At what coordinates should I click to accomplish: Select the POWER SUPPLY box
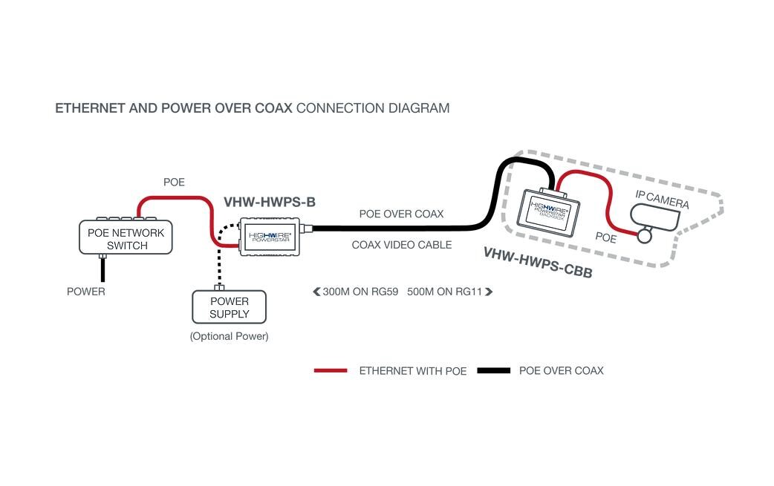[229, 307]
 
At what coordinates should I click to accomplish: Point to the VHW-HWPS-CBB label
[537, 262]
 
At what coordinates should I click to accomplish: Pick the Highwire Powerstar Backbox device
[550, 211]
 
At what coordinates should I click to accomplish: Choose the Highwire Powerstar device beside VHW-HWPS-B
[271, 237]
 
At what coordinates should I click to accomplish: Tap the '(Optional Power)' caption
[229, 336]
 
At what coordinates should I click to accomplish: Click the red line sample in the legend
[331, 370]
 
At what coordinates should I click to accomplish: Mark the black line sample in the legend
[494, 370]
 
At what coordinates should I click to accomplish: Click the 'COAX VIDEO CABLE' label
[401, 245]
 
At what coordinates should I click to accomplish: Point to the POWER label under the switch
[86, 292]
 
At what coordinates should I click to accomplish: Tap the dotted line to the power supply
[219, 256]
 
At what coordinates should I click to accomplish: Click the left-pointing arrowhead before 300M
[316, 292]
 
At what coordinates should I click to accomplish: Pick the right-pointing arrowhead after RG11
[489, 292]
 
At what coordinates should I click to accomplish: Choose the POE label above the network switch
[174, 182]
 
